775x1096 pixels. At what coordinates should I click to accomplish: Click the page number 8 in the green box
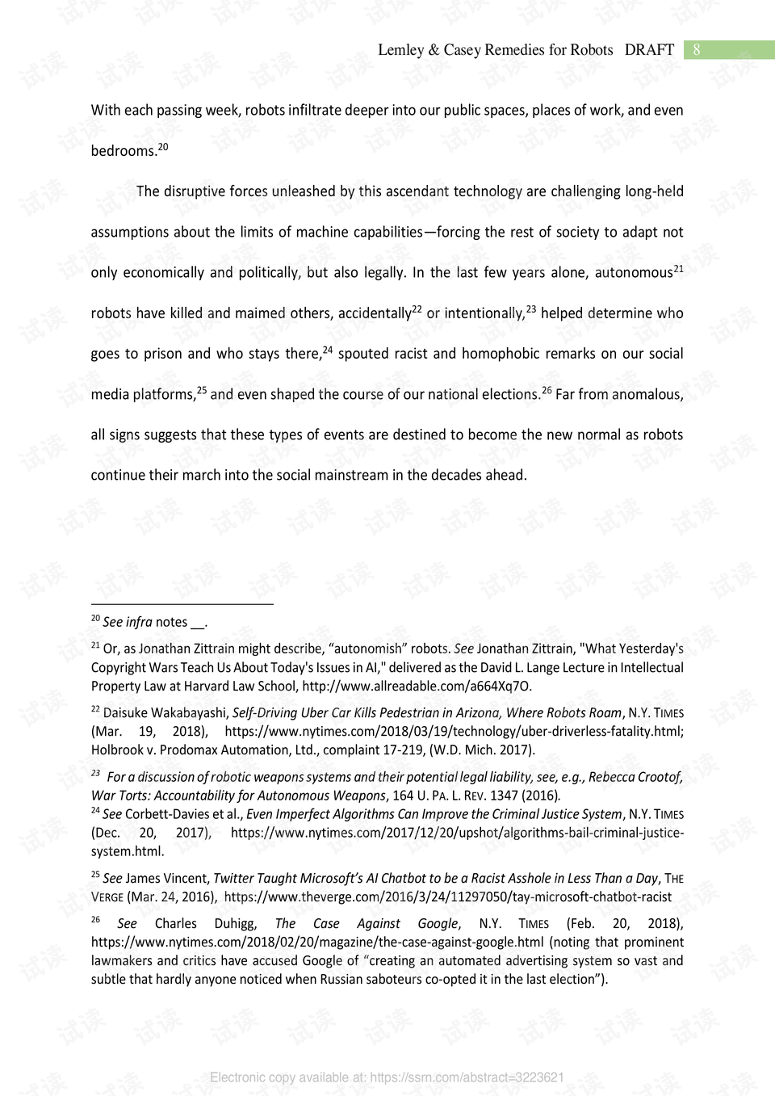click(x=697, y=49)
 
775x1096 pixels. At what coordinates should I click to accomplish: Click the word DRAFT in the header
click(x=649, y=49)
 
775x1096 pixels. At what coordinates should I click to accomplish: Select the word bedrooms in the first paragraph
click(x=123, y=151)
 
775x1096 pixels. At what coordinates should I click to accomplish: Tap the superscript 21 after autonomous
click(x=678, y=268)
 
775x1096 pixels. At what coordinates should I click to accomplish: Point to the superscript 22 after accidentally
click(x=417, y=309)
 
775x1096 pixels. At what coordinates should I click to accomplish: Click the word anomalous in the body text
click(x=647, y=394)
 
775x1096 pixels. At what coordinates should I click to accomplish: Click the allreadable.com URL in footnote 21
click(x=416, y=687)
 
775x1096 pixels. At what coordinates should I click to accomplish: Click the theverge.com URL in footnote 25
click(x=447, y=897)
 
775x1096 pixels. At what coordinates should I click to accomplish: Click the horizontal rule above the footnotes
click(x=182, y=603)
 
